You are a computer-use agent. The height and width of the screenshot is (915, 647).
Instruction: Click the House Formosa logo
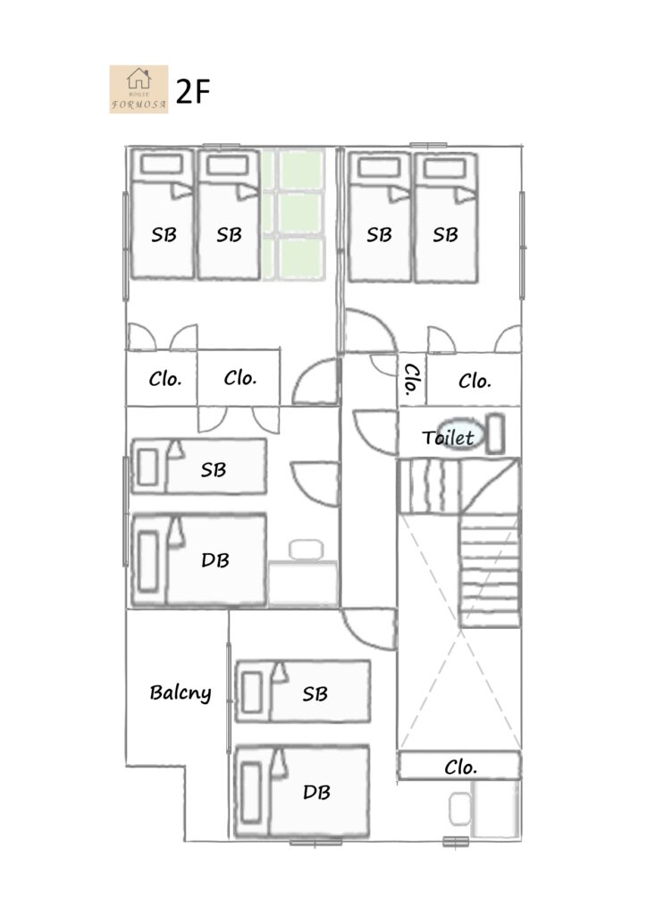[x=139, y=89]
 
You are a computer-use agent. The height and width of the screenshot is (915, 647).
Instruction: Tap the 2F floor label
[x=192, y=92]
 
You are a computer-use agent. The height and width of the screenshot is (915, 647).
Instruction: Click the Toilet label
[x=448, y=437]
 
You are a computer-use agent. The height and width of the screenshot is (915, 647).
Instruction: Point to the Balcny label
[x=181, y=693]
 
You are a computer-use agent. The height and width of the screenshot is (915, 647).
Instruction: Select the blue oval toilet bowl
[x=461, y=434]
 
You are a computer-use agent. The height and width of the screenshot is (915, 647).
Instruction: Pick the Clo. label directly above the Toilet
[x=475, y=381]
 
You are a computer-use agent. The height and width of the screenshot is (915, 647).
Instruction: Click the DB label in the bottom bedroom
[x=316, y=792]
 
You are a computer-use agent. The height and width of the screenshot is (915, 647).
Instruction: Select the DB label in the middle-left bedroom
[x=215, y=560]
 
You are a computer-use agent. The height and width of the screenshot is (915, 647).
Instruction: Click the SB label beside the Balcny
[x=315, y=693]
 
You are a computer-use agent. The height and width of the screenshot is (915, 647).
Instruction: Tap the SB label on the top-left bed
[x=164, y=235]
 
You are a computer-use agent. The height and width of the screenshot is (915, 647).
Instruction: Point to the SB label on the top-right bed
[x=445, y=235]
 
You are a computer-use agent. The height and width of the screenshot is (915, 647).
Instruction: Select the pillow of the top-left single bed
[x=162, y=164]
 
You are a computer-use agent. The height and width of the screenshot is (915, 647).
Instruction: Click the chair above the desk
[x=307, y=550]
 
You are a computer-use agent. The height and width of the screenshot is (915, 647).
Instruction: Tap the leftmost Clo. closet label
[x=165, y=379]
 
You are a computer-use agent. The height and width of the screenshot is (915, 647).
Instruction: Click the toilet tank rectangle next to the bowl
[x=495, y=433]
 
